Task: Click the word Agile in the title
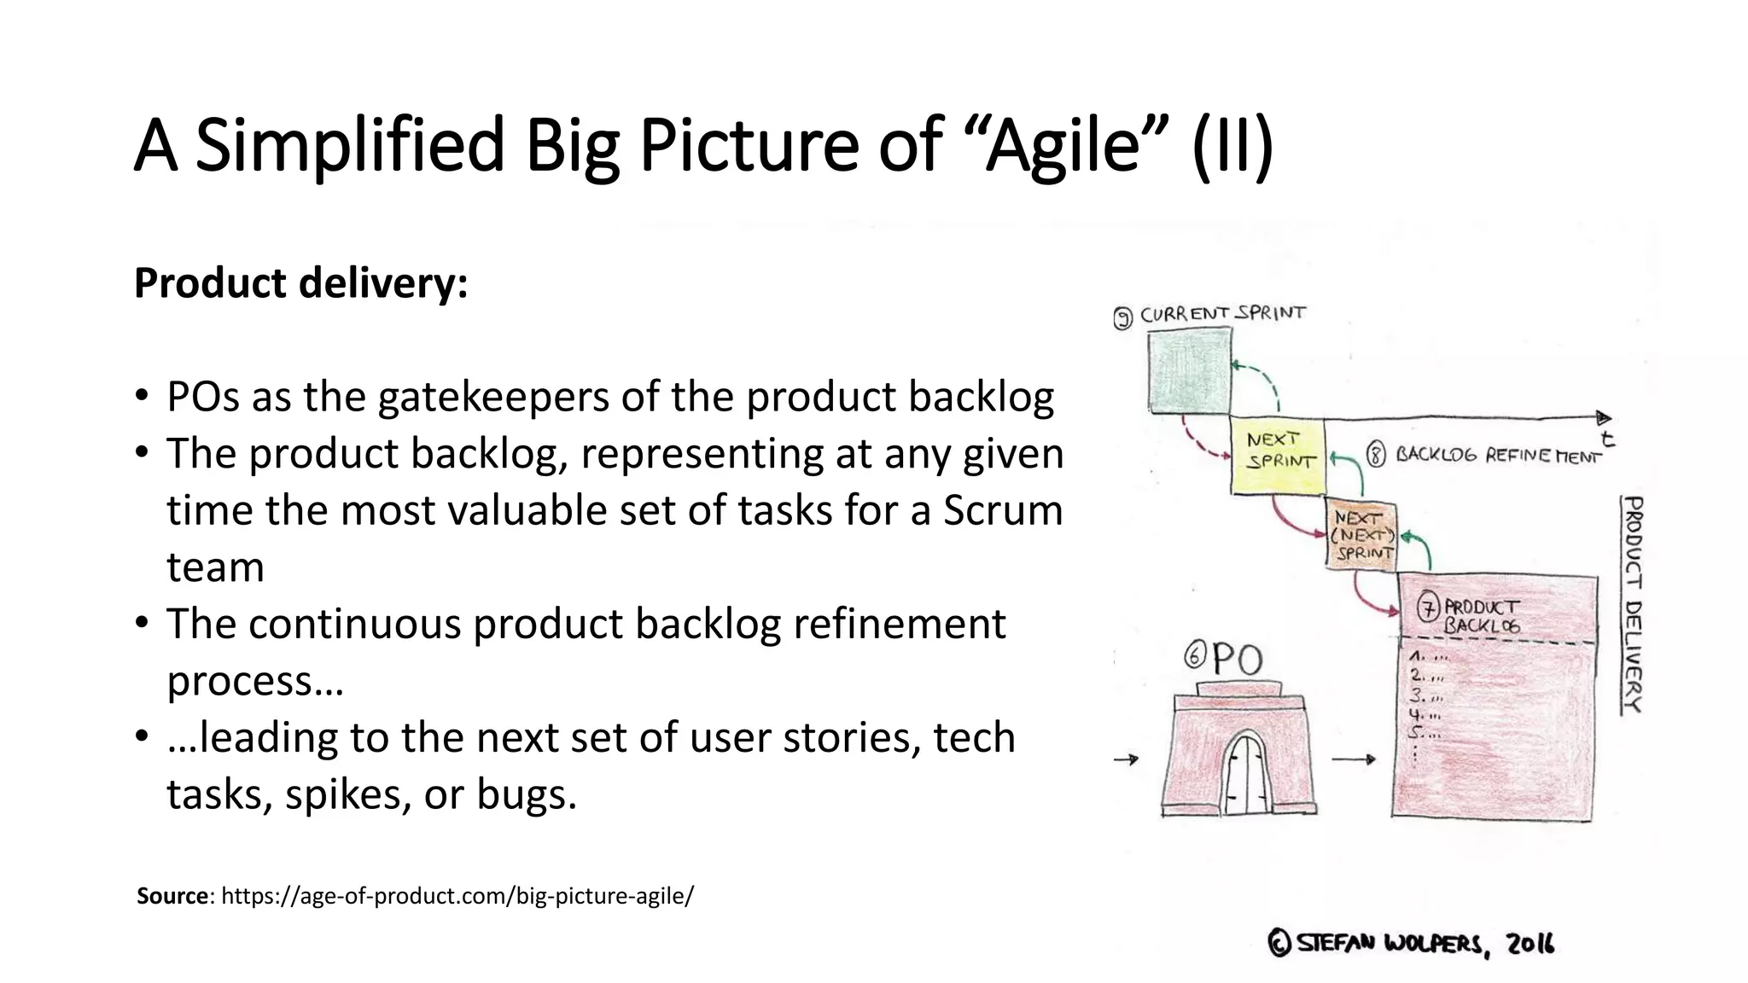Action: pyautogui.click(x=1063, y=145)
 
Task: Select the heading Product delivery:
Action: pyautogui.click(x=300, y=283)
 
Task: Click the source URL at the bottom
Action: pyautogui.click(x=457, y=896)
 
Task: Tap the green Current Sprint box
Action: pyautogui.click(x=1189, y=373)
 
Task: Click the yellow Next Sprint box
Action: pyautogui.click(x=1277, y=455)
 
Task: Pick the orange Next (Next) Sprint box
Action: pyautogui.click(x=1362, y=536)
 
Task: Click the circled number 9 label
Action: pyautogui.click(x=1124, y=318)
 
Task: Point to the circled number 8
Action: pyautogui.click(x=1376, y=455)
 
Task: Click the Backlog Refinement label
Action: pyautogui.click(x=1498, y=456)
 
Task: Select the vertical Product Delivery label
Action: pyautogui.click(x=1632, y=604)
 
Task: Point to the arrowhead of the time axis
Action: pyautogui.click(x=1604, y=418)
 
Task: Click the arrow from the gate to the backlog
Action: pyautogui.click(x=1354, y=759)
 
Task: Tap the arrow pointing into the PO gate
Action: pyautogui.click(x=1127, y=759)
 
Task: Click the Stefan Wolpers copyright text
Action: pyautogui.click(x=1412, y=944)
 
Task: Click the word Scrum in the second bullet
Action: pyautogui.click(x=1003, y=510)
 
